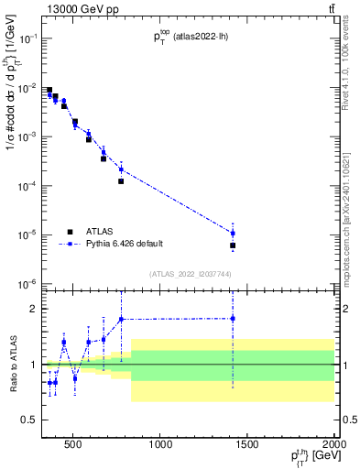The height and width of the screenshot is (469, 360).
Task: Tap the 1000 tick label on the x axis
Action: tap(161, 446)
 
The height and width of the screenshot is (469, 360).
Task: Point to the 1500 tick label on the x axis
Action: tap(248, 446)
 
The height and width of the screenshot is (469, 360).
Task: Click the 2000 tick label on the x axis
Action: tap(333, 446)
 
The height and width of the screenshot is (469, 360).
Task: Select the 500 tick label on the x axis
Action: tap(74, 446)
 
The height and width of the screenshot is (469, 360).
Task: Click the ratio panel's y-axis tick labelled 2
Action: tap(34, 309)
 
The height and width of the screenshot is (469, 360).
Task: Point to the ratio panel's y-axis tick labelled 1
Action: tap(34, 365)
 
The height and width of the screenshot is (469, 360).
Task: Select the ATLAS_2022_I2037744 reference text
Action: tap(191, 274)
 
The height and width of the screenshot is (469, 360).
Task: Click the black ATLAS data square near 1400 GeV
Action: tap(233, 245)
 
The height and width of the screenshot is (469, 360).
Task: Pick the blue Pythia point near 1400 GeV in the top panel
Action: tap(233, 233)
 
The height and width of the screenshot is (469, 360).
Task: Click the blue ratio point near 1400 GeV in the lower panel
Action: tap(233, 318)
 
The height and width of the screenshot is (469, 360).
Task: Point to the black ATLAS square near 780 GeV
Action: tap(121, 181)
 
